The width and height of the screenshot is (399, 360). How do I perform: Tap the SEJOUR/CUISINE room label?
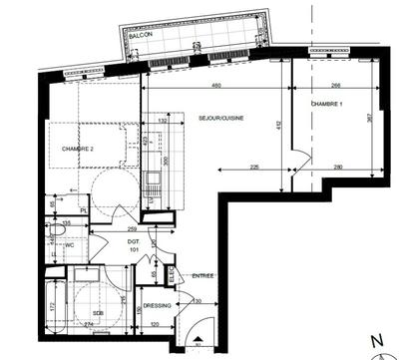click(222, 117)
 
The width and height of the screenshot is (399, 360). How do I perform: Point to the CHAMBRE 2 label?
click(77, 149)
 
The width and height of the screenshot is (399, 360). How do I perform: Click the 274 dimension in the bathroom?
click(87, 325)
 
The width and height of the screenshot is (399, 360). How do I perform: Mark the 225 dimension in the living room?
click(256, 167)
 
